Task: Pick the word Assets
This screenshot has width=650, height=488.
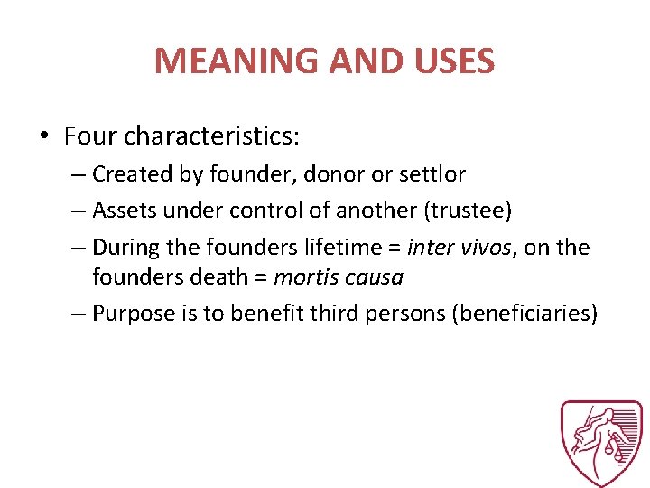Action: (124, 211)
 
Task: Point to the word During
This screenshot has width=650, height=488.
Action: (125, 247)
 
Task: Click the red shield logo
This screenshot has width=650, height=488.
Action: (602, 444)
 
